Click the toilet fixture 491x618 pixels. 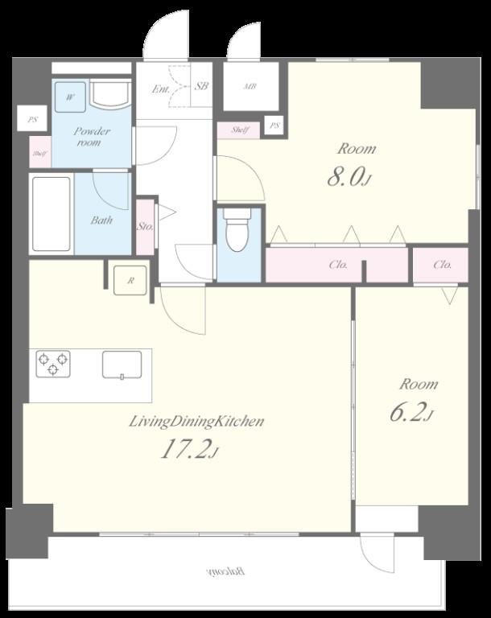coord(237,230)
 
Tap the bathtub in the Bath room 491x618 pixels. coord(52,214)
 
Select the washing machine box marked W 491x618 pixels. coord(70,97)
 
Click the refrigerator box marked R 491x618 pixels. coord(130,281)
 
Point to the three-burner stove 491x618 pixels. coord(53,364)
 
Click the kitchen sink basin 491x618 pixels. coord(122,365)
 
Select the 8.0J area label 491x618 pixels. coord(349,178)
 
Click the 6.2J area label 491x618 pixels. coord(411,413)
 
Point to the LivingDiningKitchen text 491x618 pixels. coord(196,422)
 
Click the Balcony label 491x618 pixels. coord(225,571)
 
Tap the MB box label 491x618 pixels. coord(250,86)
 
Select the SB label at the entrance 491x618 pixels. coord(201,86)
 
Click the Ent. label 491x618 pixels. coord(161,89)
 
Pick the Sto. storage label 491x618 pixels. coord(145,227)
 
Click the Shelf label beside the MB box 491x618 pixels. coord(240,130)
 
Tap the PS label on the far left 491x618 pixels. coord(32,119)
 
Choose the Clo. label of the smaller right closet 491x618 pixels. coord(442,265)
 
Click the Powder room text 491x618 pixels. coord(91,136)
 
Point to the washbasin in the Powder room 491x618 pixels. coord(110,94)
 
